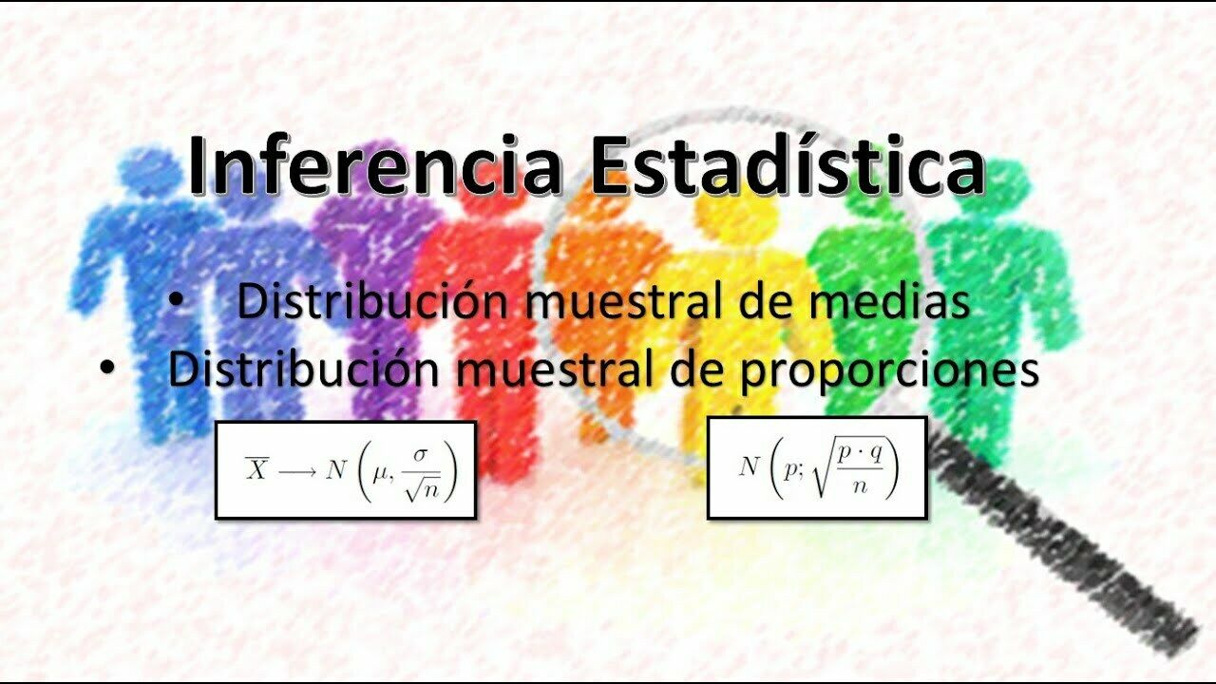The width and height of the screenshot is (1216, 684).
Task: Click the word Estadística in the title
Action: (x=787, y=164)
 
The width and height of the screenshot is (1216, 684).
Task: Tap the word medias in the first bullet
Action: (x=889, y=301)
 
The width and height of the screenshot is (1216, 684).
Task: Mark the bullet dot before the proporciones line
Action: (x=107, y=368)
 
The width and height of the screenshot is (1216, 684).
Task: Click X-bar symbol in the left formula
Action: (x=256, y=469)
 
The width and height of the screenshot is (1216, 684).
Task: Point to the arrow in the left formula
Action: (x=297, y=472)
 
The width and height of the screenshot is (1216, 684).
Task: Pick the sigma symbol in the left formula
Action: (x=420, y=455)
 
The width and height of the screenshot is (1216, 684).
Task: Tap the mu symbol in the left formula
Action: (x=378, y=474)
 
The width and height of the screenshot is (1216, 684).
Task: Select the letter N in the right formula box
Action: (x=749, y=465)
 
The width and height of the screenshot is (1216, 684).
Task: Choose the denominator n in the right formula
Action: (x=860, y=485)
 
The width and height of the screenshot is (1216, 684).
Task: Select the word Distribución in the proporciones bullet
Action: (x=303, y=370)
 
